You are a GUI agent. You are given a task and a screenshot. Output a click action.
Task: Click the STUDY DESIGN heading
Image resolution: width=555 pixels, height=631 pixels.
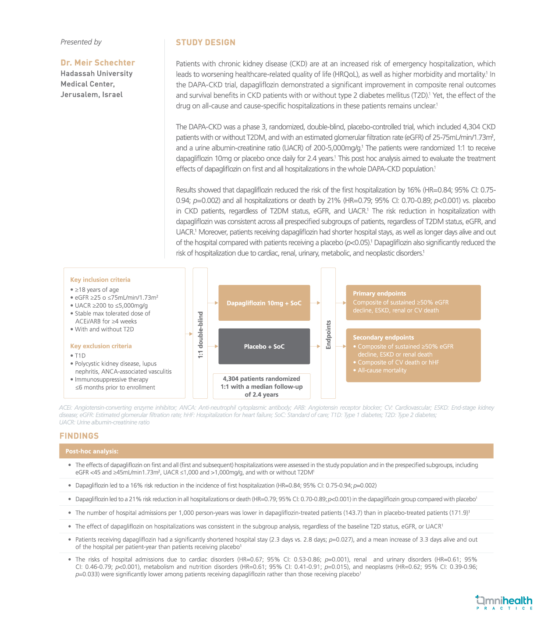coord(206,43)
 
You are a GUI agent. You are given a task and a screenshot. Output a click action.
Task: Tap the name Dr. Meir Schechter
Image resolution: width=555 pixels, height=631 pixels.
coord(98,63)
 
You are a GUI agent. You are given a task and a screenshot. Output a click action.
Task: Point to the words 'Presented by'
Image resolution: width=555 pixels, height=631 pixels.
coord(81,42)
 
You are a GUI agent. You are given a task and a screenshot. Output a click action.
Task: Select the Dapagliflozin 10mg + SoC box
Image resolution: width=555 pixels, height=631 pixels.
coord(264,303)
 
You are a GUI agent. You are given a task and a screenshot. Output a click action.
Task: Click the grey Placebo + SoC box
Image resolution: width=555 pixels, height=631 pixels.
coord(264,346)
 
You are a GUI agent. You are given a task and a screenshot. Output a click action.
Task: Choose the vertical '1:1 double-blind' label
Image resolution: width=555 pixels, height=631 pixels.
coord(200,335)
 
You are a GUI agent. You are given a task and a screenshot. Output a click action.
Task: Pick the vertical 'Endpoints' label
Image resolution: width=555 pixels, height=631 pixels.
coord(328,335)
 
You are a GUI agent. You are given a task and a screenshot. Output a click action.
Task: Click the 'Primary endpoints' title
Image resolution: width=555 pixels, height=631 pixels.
coord(379,294)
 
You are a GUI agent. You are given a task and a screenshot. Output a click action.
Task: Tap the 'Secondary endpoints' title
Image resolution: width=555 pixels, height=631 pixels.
coord(383,337)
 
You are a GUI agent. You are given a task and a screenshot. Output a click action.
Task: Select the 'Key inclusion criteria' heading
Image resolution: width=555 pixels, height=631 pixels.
coord(100,280)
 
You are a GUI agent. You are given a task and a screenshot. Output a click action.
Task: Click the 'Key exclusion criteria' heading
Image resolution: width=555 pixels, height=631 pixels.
coord(101,346)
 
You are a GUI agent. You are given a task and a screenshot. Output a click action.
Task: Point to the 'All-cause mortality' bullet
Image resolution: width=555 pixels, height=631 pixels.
coord(382,370)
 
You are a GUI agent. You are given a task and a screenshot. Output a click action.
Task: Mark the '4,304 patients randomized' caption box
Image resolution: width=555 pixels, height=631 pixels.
coord(261,386)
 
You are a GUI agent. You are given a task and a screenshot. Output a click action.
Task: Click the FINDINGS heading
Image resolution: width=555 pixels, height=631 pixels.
coord(79,436)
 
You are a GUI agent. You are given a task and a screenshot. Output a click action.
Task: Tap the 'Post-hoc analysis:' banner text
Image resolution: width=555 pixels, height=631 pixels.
coord(92,451)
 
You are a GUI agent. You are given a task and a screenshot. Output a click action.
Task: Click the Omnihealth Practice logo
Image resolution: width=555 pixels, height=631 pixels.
coord(504,602)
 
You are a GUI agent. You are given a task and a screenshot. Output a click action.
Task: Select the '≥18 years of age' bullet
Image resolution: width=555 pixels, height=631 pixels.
coord(96,290)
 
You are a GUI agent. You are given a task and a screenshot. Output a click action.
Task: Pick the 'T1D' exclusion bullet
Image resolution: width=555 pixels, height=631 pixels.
coord(80,355)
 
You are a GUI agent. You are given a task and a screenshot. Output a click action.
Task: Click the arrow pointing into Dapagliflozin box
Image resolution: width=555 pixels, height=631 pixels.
coord(213,303)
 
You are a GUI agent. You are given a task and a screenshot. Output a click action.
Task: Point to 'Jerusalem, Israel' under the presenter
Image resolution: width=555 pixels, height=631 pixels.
coord(92,95)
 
